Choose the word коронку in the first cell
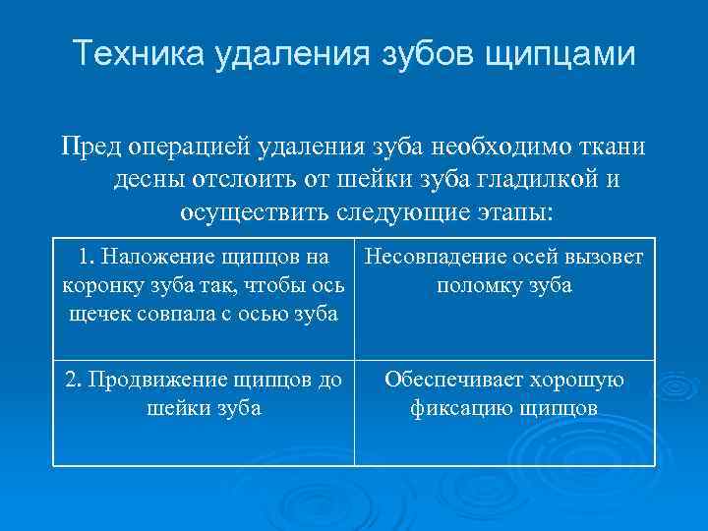(x=102, y=286)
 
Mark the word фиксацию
(x=459, y=407)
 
